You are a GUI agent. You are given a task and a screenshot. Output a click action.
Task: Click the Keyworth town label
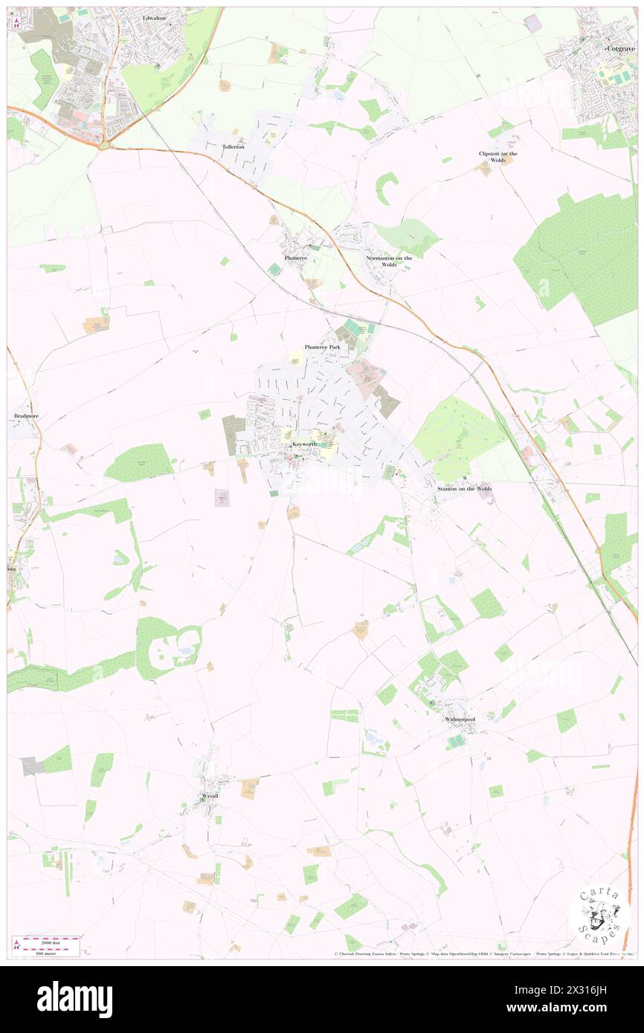(x=305, y=444)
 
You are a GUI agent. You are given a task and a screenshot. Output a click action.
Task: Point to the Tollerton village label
(x=234, y=147)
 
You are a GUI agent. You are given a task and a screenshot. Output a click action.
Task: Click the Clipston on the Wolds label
(x=498, y=157)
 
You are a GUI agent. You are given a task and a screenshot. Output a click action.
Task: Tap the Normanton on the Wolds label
(x=388, y=261)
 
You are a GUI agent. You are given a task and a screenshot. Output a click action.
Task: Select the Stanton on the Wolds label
(x=465, y=488)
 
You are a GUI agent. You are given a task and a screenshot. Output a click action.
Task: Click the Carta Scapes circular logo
(x=599, y=915)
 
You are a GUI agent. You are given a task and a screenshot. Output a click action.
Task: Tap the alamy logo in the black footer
(x=74, y=1000)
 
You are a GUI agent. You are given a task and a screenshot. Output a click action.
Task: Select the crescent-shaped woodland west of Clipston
(x=384, y=188)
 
